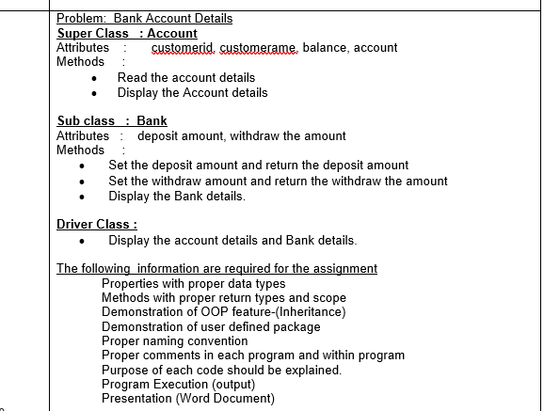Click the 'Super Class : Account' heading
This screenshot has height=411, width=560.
click(127, 33)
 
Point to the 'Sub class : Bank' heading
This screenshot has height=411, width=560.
click(112, 121)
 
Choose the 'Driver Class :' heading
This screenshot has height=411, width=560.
click(97, 224)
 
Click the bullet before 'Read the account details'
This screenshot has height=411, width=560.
click(94, 78)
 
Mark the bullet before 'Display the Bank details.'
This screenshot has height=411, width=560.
click(85, 197)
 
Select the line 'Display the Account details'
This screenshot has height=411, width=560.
click(192, 92)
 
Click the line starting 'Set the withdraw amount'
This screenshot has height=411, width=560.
click(278, 181)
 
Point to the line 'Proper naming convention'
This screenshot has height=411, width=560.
click(175, 340)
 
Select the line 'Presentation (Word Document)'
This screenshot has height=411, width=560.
click(188, 398)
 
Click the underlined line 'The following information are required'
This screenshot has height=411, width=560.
click(216, 268)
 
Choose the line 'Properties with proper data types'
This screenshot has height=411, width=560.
click(193, 283)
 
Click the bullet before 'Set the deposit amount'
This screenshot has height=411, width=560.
click(85, 166)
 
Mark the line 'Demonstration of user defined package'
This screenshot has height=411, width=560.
click(211, 326)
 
